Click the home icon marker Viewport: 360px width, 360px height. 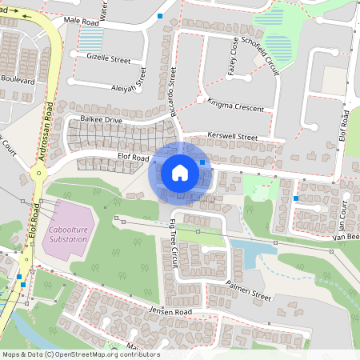pos(180,173)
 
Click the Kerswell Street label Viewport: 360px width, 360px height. pos(232,137)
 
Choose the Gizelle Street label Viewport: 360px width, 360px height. pos(109,59)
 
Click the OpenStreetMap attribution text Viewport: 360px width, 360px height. pos(80,354)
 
